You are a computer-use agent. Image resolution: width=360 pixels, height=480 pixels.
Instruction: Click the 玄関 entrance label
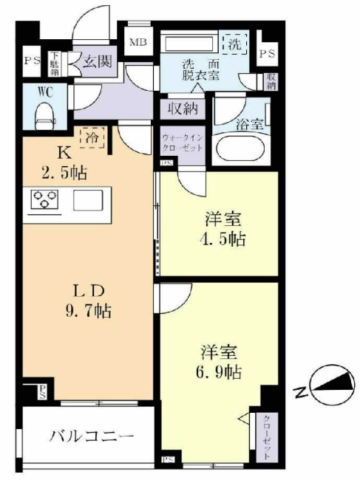96,61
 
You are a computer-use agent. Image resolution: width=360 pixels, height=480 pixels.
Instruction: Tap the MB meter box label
138,42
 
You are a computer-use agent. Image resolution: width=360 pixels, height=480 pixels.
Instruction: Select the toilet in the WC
46,113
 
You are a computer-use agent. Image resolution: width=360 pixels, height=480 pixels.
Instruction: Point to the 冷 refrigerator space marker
93,137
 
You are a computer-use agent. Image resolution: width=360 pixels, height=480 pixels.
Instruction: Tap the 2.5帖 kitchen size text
63,174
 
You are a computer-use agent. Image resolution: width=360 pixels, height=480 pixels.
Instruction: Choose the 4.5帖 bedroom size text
223,239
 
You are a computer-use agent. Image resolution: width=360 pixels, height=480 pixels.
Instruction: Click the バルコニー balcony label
92,435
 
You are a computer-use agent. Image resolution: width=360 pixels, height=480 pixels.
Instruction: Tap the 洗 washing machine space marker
234,44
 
